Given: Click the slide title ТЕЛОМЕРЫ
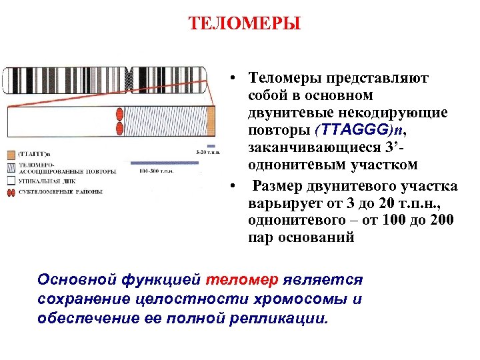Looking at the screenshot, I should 245,25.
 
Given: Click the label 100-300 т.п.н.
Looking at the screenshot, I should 157,171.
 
